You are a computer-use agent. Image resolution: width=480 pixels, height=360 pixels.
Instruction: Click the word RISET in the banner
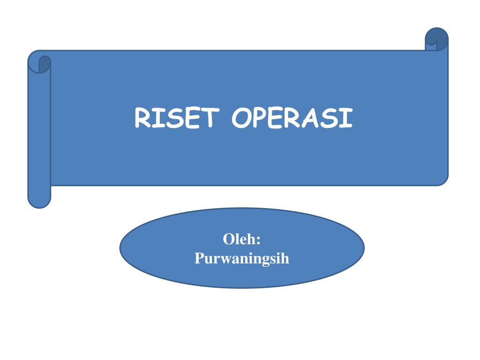[x=177, y=118]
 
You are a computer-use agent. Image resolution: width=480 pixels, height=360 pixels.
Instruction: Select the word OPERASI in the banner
[x=292, y=118]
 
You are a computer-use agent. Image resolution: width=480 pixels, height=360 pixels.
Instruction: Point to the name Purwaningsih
[x=242, y=258]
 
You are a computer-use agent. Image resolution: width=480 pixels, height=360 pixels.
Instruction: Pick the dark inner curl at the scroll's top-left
[x=44, y=64]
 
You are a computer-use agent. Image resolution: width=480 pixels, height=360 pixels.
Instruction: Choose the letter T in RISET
[x=210, y=118]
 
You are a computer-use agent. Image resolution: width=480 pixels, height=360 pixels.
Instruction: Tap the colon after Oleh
[x=258, y=241]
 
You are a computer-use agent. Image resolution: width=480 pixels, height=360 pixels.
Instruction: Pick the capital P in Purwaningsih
[x=199, y=258]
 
